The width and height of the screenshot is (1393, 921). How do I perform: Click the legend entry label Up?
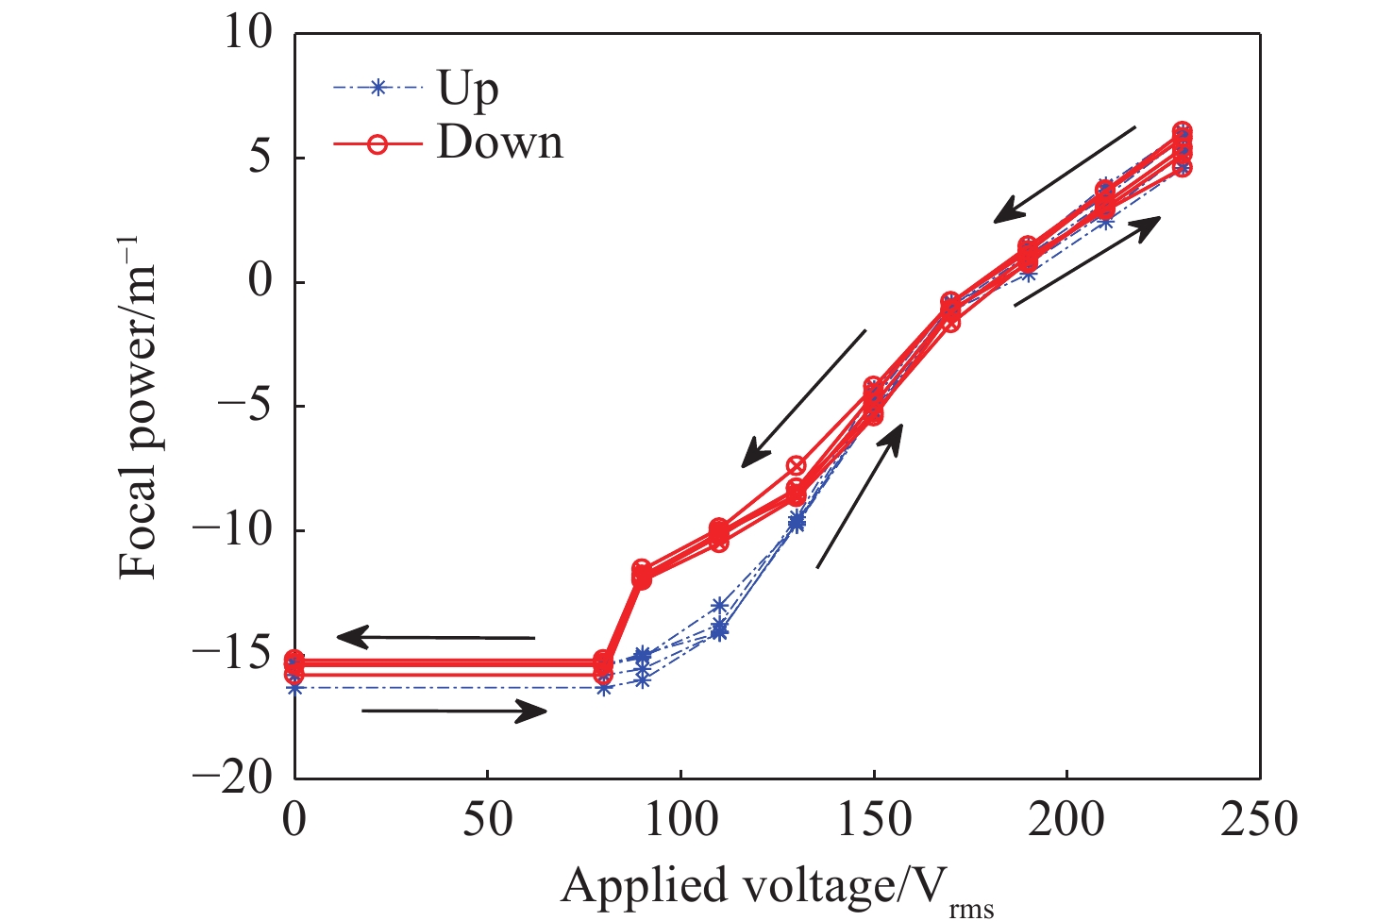(x=467, y=90)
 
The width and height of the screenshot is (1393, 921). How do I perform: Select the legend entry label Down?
(x=499, y=143)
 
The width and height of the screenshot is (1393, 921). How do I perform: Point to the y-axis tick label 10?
(x=247, y=33)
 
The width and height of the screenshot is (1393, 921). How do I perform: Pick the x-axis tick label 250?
(x=1259, y=819)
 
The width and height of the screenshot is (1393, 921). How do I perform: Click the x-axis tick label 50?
(x=488, y=819)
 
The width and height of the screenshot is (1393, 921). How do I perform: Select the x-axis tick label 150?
(x=873, y=819)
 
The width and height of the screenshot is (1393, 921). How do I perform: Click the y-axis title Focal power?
(x=138, y=406)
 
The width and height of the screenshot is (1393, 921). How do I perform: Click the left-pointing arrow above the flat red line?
(x=435, y=639)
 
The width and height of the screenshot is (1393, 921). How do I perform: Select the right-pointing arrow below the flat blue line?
(x=454, y=712)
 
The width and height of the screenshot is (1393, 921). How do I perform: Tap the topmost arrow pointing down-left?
(x=1065, y=176)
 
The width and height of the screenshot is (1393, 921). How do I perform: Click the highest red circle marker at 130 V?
(x=797, y=466)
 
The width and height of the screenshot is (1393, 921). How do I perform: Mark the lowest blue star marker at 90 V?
(x=643, y=678)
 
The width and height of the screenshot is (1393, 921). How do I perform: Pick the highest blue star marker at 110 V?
(x=720, y=606)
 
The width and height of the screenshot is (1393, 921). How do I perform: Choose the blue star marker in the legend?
(x=378, y=89)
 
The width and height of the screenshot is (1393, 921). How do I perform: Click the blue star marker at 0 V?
(x=295, y=687)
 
